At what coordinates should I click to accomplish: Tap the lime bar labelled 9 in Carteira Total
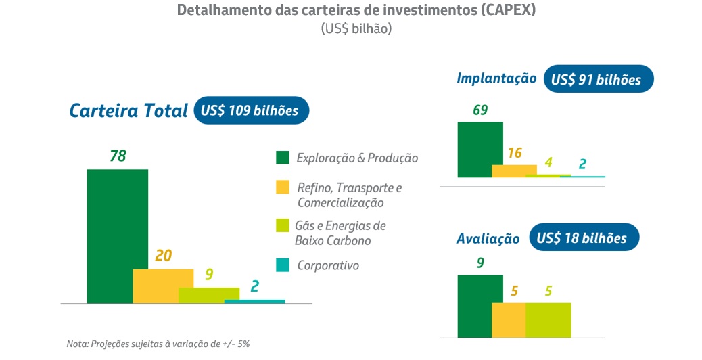[x=208, y=295]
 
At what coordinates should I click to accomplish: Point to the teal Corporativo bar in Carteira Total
[x=254, y=301]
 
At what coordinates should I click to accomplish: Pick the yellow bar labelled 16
[x=514, y=171]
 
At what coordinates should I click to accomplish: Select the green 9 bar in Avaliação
[x=479, y=305]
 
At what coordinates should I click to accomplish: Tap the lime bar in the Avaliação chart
[x=548, y=319]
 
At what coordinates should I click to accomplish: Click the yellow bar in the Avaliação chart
[x=509, y=319]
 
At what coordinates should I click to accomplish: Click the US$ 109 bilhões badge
[x=251, y=110]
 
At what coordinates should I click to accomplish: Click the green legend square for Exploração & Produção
[x=282, y=158]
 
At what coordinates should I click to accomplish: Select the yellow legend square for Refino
[x=282, y=187]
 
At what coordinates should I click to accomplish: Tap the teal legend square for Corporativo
[x=282, y=265]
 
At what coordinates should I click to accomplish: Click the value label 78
[x=118, y=156]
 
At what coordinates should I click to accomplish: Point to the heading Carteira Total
[x=128, y=111]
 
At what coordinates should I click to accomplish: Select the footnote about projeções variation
[x=158, y=344]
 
